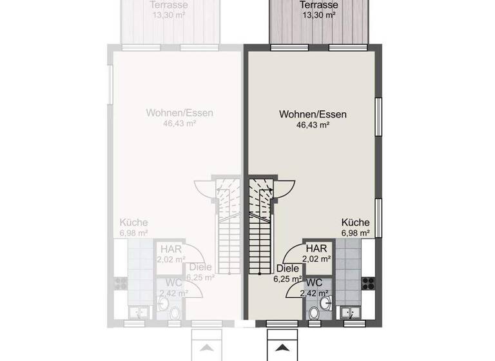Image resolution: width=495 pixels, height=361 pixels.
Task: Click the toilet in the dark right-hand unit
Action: click(314, 313)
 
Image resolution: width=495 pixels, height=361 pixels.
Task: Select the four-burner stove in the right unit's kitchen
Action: click(369, 282)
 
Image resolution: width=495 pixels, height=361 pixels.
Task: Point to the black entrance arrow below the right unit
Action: click(282, 347)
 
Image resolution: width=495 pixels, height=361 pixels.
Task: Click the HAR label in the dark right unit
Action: click(316, 248)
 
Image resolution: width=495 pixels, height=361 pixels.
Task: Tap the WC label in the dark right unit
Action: click(314, 282)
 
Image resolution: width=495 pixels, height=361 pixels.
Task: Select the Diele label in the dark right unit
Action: click(287, 269)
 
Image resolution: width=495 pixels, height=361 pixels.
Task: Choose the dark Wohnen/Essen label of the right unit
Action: click(313, 114)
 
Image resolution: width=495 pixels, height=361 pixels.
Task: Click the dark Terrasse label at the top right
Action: click(317, 5)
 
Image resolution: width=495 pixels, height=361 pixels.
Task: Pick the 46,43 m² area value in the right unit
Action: click(313, 126)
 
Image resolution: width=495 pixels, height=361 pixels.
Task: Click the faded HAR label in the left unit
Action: click(170, 248)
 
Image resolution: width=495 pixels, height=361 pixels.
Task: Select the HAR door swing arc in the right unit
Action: click(293, 249)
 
